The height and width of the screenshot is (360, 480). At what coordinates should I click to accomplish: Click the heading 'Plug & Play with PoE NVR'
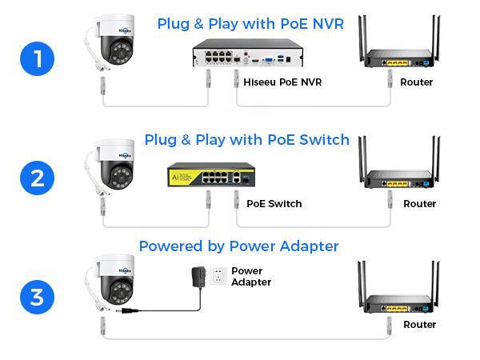coord(250,23)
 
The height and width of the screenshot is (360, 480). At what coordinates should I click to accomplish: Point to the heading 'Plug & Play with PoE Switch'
coord(246,140)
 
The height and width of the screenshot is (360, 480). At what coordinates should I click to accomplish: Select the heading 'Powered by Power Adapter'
coord(238,246)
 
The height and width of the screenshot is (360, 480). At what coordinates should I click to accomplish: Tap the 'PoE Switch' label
coord(274,203)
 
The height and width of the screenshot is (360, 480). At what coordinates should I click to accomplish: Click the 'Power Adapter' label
coord(250,277)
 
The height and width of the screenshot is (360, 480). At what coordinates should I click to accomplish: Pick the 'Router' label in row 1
coord(416,82)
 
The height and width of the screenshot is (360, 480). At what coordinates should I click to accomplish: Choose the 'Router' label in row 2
coord(419,203)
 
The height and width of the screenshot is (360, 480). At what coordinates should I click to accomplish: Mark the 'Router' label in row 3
coord(419,324)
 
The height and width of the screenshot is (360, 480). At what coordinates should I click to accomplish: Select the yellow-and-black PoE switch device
coord(210,174)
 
